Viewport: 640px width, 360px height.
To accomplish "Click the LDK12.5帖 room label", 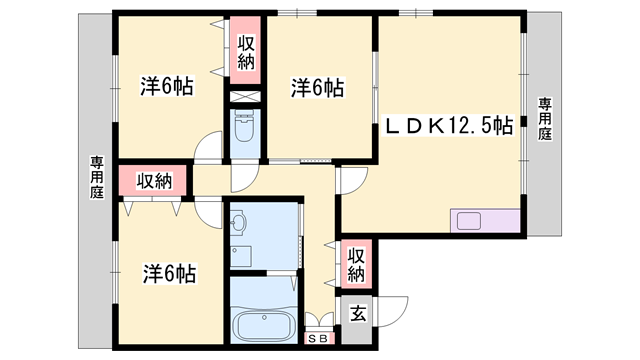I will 451,127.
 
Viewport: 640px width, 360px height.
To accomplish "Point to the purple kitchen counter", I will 487,221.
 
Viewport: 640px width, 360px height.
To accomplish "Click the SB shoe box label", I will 320,338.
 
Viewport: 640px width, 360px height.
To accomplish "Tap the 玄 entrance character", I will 357,314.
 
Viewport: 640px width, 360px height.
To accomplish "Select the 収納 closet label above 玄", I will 356,264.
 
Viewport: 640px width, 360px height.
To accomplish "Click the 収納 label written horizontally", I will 155,180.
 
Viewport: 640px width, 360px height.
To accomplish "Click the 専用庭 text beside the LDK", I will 545,119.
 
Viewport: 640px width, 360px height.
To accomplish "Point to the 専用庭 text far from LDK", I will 97,177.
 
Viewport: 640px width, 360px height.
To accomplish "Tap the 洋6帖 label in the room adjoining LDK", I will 318,88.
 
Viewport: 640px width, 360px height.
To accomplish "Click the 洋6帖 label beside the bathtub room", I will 168,272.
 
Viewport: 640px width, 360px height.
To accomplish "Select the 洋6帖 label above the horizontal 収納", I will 167,87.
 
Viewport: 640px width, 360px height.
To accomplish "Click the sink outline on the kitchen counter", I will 469,221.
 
